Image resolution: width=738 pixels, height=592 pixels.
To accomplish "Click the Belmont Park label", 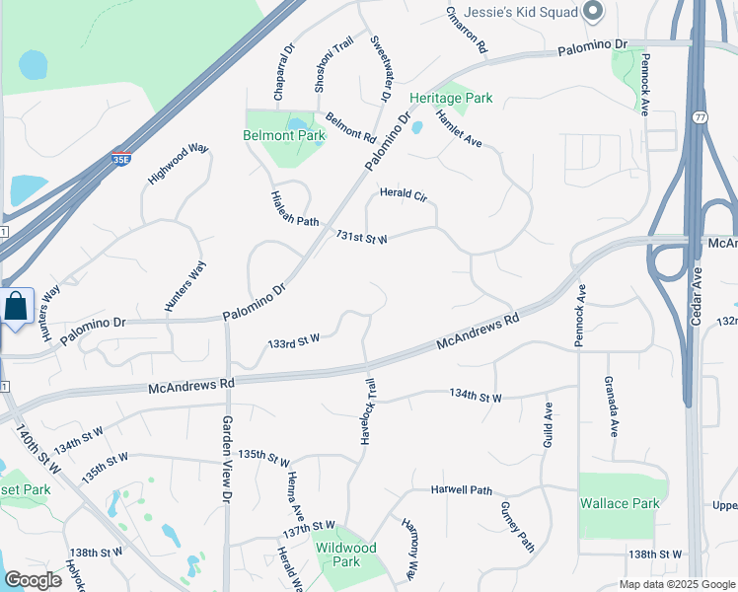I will (x=284, y=135).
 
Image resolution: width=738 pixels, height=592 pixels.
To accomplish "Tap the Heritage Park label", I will (x=451, y=99).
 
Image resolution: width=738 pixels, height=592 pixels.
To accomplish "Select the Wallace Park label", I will (x=619, y=503).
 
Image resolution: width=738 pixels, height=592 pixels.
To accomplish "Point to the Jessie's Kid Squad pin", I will (x=593, y=12).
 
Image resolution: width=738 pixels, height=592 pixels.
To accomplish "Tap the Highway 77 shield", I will (x=699, y=117).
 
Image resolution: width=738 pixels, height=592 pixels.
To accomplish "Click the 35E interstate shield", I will (x=120, y=158).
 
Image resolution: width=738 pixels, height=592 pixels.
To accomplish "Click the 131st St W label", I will (x=361, y=238).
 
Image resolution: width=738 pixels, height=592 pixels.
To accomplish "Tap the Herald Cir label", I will (x=404, y=194).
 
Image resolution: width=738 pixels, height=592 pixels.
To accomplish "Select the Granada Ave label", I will (x=611, y=407).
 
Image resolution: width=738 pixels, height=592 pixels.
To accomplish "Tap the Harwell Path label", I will (x=461, y=490).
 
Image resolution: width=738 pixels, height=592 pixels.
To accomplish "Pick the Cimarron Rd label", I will (x=466, y=30).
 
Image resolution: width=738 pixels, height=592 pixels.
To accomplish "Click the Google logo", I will (x=33, y=580).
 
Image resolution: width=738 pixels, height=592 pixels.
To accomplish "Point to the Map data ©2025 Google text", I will (x=676, y=584).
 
